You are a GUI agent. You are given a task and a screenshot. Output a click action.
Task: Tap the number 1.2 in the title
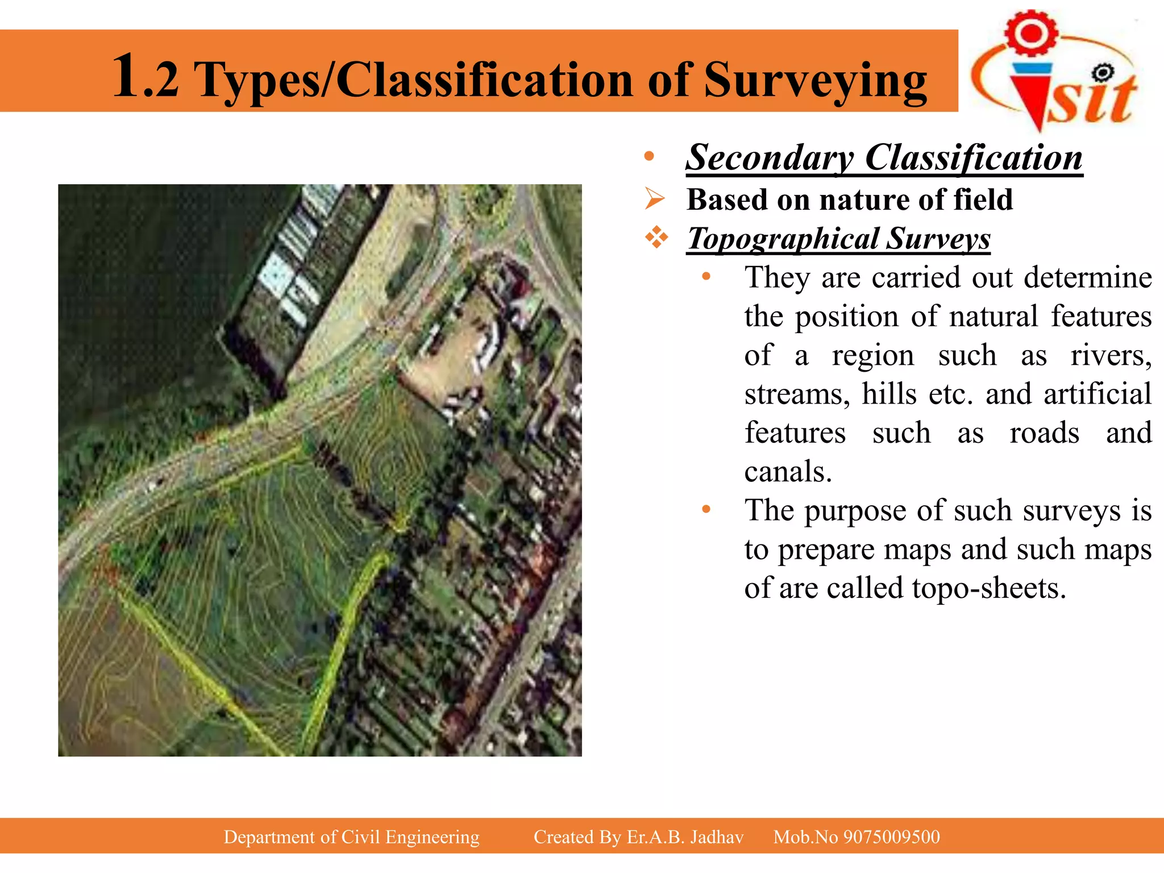(x=145, y=77)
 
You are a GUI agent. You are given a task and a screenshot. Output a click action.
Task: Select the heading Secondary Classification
(x=884, y=157)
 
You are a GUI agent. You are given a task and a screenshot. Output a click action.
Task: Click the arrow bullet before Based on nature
(x=655, y=199)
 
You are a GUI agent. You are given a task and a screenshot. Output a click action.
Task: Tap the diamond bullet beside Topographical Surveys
(x=656, y=238)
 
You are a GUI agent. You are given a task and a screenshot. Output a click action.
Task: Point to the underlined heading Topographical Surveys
(x=838, y=238)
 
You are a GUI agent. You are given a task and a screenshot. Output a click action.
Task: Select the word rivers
(x=1111, y=356)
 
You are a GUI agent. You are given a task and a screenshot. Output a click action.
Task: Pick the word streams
(x=797, y=394)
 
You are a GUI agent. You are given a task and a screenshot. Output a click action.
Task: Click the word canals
(x=788, y=472)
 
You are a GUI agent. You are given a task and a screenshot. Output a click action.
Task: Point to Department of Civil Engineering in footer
(x=351, y=837)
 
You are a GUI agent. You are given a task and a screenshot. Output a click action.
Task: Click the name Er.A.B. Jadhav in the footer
(x=685, y=837)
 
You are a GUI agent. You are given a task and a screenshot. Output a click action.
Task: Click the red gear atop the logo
(x=1031, y=32)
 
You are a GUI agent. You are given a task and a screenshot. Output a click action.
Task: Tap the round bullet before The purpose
(x=706, y=509)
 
